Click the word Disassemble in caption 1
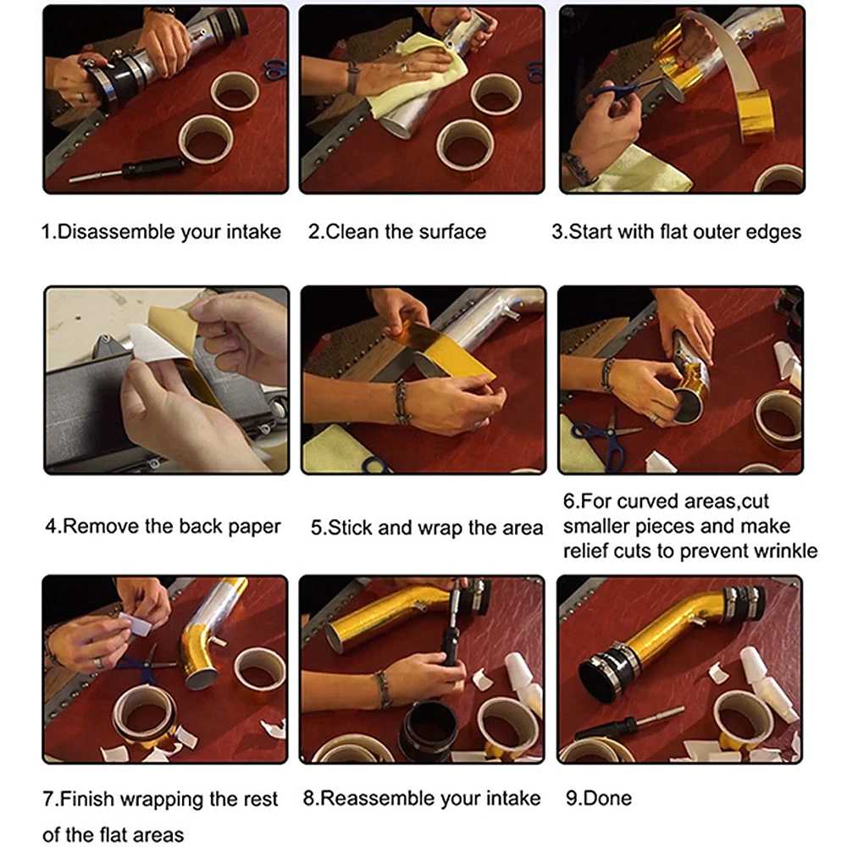coord(115,232)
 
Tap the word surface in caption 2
coord(452,232)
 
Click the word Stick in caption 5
coord(350,527)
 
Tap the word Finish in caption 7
coord(87,799)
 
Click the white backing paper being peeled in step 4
coord(157,342)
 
